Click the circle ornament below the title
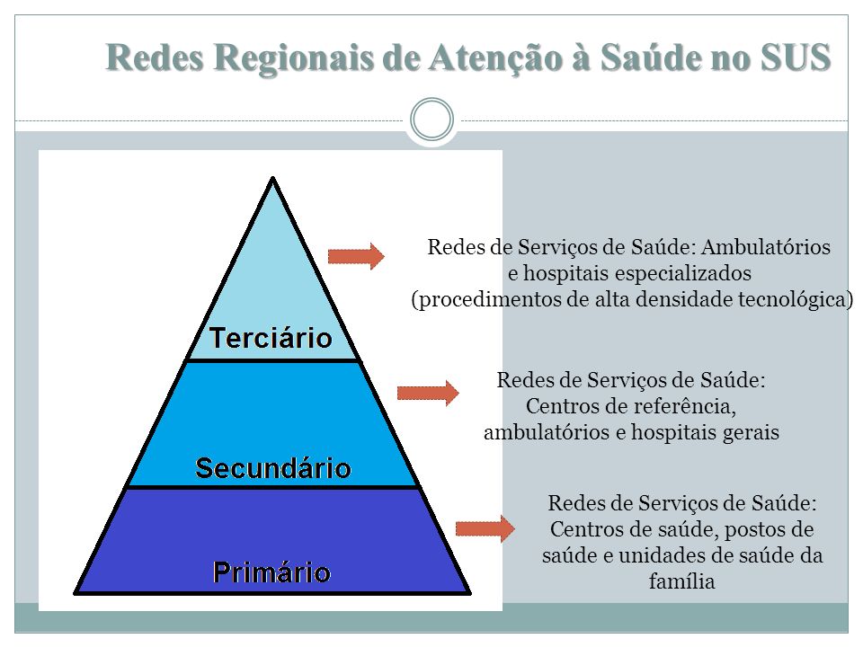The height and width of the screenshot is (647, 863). (432, 119)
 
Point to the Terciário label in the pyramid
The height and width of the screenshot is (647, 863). (271, 337)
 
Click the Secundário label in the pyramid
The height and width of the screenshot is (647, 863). (273, 468)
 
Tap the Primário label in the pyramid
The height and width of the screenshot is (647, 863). (271, 572)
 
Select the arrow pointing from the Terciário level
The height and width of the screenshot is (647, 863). (356, 256)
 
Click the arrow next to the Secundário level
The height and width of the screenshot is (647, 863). (428, 393)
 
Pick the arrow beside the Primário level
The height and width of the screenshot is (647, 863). (485, 528)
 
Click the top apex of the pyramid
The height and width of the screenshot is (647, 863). (272, 177)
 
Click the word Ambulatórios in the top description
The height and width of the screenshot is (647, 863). (766, 247)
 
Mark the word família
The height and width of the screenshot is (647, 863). (682, 581)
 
